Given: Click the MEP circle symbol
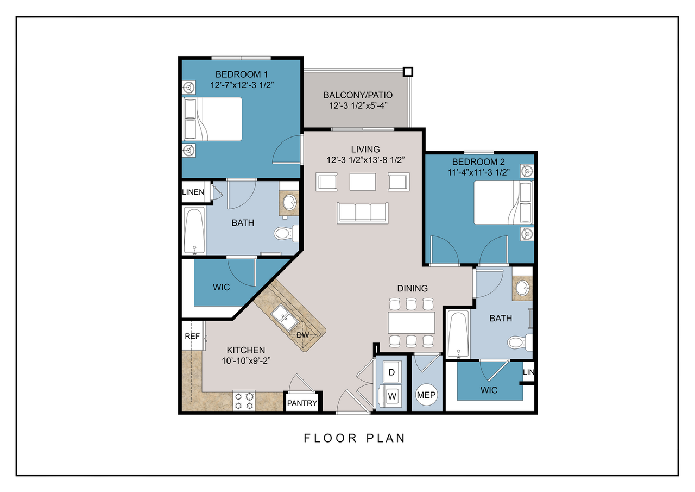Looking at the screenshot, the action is [426, 395].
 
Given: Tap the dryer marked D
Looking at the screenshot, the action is [391, 372].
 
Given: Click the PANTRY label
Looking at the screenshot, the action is [302, 403].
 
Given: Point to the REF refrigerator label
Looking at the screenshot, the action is [192, 336].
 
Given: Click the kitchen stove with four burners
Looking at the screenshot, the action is [244, 401].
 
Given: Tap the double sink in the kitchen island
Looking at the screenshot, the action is [285, 317].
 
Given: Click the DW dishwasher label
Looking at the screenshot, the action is [302, 335].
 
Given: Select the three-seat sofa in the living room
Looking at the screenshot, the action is [362, 213].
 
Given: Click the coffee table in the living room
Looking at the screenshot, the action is [362, 182].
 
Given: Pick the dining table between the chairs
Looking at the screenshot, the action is [411, 323].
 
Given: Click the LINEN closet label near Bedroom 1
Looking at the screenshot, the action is [193, 192].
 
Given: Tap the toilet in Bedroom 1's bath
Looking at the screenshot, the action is [286, 233].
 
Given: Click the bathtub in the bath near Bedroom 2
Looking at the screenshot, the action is [458, 334].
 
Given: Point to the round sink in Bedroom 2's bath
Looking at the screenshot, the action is [522, 288].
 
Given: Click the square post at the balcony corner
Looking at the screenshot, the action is [408, 72].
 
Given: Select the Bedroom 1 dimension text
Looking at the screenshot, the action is [242, 85].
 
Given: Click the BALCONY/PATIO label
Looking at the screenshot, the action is [358, 95].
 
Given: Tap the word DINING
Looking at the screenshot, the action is [412, 289].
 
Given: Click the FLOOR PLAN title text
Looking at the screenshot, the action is [355, 438].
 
